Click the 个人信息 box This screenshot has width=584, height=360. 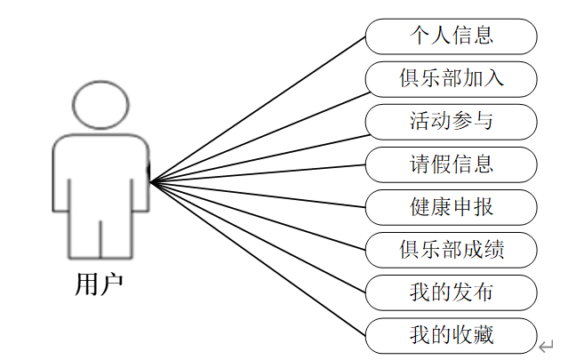452,36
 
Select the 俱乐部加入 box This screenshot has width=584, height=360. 452,78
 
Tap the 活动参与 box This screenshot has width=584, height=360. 452,121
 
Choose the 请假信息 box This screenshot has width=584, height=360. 452,164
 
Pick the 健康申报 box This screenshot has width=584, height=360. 452,206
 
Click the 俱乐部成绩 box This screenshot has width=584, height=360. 452,249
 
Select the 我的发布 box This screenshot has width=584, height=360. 452,292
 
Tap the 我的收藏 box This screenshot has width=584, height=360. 452,334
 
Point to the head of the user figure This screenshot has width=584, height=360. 100,105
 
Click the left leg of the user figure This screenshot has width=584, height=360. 84,236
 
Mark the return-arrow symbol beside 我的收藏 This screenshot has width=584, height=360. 547,346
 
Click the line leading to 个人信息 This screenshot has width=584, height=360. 258,110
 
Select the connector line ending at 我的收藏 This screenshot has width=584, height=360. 258,259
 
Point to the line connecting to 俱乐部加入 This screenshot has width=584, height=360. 258,132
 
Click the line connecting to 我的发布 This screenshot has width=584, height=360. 258,237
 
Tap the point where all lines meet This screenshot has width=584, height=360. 152,183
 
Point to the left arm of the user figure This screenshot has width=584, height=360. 60,178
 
